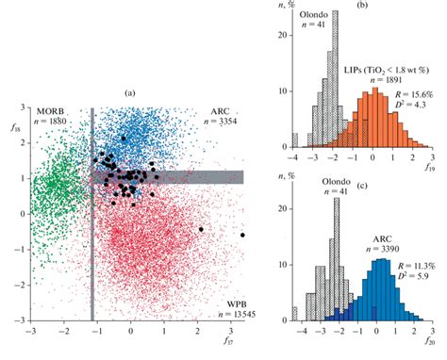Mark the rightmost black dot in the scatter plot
[242, 235]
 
